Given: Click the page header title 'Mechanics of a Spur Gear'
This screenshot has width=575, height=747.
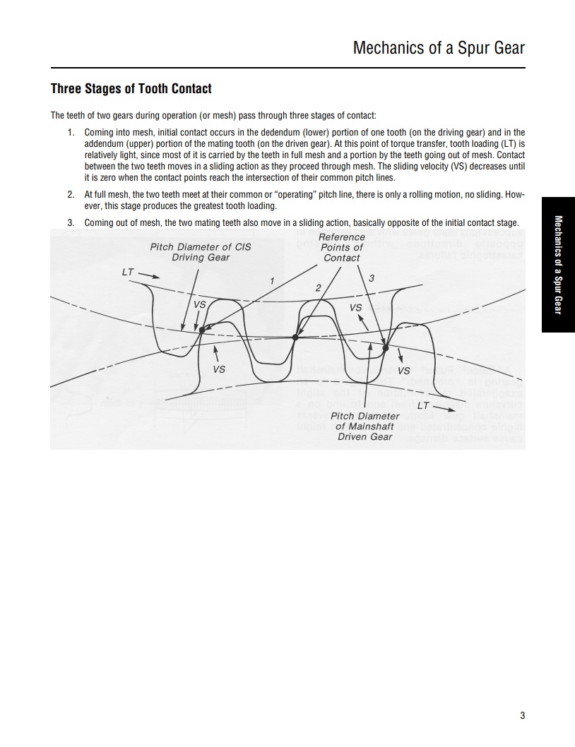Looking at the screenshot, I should [439, 48].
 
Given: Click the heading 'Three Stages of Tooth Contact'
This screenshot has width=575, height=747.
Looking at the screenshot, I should [131, 89].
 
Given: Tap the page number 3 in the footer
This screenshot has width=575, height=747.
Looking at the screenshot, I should [522, 716].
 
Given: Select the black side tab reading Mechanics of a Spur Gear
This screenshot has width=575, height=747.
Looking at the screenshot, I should [558, 264].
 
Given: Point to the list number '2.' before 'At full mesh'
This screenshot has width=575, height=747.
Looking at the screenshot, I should [71, 193].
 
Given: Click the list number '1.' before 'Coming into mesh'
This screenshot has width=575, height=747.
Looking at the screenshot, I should [71, 132].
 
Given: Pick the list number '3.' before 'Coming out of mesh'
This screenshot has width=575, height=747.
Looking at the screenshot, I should [71, 222].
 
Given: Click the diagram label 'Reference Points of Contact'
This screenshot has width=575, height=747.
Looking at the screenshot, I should [342, 247].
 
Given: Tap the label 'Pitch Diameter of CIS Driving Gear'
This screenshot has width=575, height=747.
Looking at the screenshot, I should [201, 252].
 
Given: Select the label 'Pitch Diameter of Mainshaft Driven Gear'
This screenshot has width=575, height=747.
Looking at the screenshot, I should [364, 426].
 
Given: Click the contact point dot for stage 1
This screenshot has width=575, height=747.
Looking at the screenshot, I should [202, 330].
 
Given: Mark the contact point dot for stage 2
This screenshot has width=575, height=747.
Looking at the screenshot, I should [295, 337].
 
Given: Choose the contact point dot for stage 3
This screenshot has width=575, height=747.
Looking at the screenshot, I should [386, 347].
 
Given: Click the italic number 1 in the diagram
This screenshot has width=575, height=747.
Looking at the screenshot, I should [272, 282].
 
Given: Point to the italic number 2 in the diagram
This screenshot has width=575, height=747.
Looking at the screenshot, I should [318, 287].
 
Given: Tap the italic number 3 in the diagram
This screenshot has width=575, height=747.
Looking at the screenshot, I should [372, 277].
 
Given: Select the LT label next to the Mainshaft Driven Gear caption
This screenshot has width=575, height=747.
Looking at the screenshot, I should [423, 405].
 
